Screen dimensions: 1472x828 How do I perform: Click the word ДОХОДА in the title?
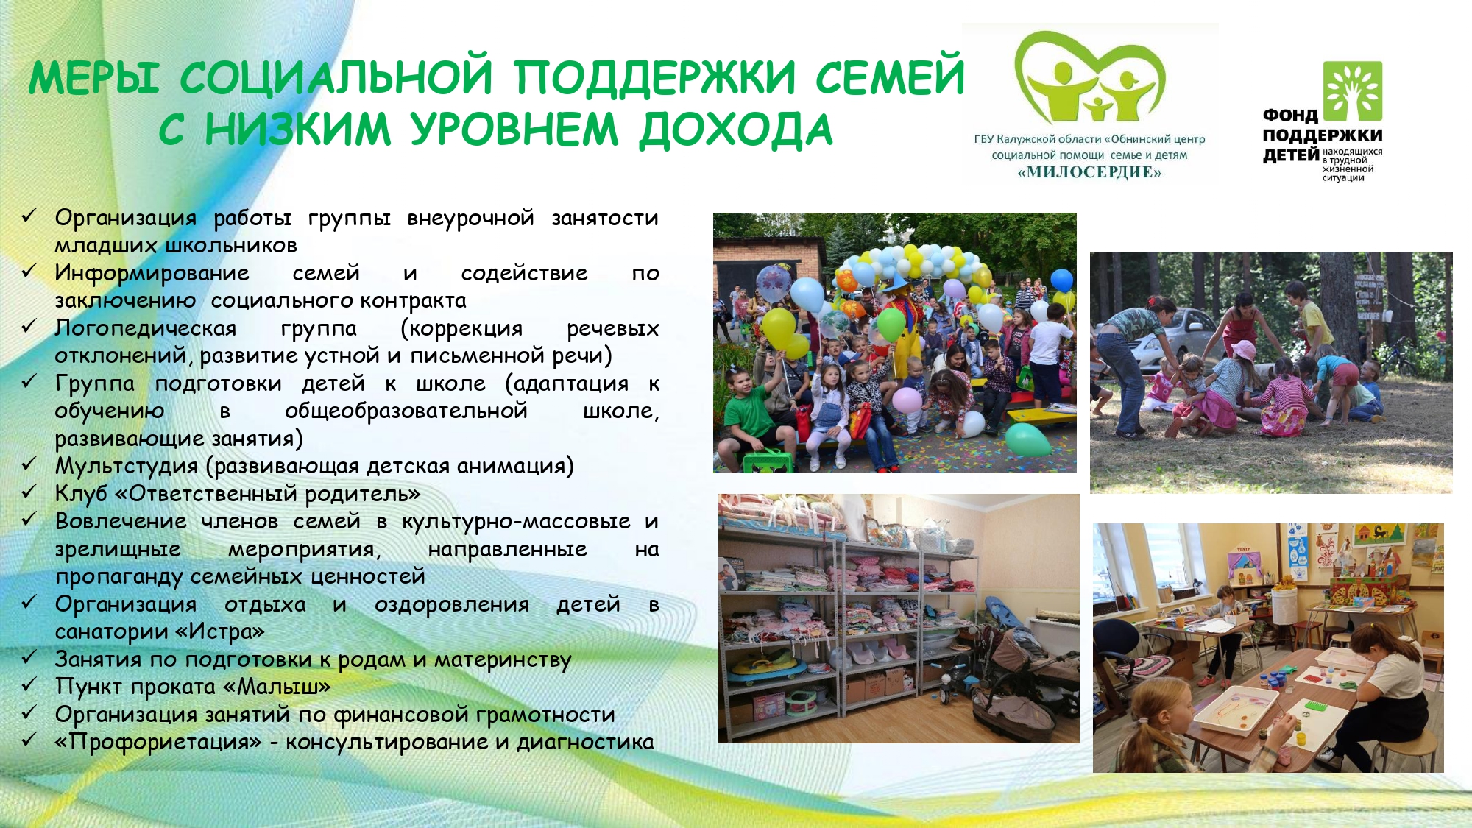[x=735, y=131]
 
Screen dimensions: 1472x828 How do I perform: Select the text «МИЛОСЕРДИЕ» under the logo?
[x=1089, y=172]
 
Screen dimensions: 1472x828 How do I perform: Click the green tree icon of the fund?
[x=1353, y=91]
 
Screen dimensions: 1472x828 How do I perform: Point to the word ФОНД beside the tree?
[x=1290, y=116]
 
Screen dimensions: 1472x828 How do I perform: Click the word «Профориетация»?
[x=158, y=742]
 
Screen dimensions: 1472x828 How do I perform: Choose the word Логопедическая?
[x=146, y=328]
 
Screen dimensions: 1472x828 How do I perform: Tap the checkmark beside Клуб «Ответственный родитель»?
[x=29, y=492]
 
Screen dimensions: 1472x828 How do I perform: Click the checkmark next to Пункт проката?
[x=29, y=684]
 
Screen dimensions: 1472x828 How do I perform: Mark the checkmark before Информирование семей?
[x=29, y=271]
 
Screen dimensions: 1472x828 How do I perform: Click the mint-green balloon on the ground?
[x=1027, y=439]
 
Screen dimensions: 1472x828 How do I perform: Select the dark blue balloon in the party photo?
[x=1062, y=280]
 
